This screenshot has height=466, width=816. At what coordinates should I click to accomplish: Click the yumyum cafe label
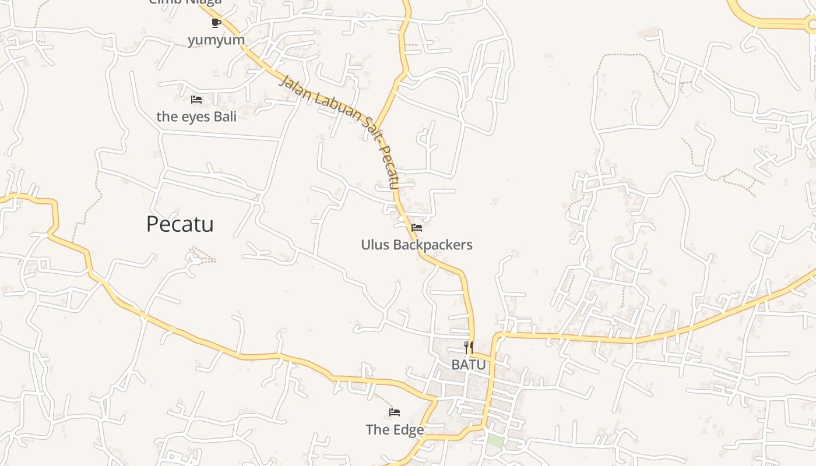[x=216, y=40]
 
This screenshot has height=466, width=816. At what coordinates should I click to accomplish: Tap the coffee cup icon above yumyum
[x=216, y=23]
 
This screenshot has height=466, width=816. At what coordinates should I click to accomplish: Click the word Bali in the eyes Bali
[x=225, y=116]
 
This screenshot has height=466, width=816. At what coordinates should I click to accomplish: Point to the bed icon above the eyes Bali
[x=196, y=100]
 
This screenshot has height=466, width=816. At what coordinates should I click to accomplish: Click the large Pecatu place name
[x=180, y=224]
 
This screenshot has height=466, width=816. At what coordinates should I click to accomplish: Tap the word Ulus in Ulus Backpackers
[x=375, y=245]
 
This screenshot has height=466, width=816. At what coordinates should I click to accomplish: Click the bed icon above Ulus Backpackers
[x=417, y=228]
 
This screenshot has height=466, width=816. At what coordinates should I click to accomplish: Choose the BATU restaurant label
[x=469, y=365]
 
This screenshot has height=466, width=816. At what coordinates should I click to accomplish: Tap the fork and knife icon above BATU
[x=469, y=348]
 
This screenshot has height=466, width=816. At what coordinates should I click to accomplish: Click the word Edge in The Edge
[x=408, y=430]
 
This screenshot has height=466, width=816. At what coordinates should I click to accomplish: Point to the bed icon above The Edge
[x=395, y=412]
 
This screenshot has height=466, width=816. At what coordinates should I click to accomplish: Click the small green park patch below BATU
[x=495, y=441]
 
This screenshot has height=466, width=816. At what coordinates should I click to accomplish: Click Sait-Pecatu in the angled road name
[x=382, y=154]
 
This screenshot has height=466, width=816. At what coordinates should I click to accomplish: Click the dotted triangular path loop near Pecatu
[x=202, y=255]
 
